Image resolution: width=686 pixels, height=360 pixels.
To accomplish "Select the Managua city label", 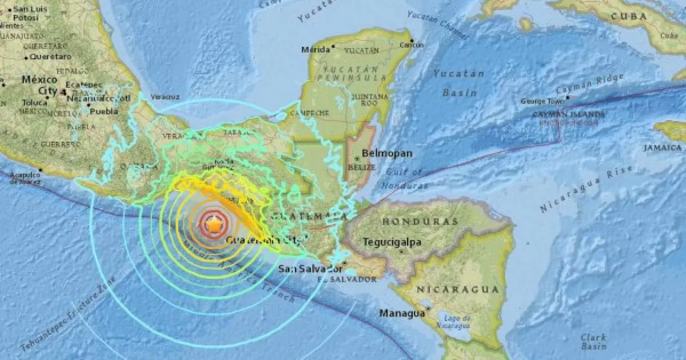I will coord(402,313).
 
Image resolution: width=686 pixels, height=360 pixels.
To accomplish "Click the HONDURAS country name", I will coord(420,221).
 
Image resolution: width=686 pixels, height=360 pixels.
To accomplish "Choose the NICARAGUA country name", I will coord(457,290).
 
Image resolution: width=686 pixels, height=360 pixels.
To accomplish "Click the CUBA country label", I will coord(628,17).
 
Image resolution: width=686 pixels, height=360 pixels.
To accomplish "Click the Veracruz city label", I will coord(166,97).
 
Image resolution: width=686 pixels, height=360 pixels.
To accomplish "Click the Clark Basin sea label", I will coord(593,342).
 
